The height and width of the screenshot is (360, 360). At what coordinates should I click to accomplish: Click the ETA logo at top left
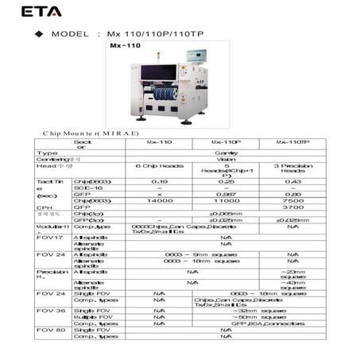point(41,12)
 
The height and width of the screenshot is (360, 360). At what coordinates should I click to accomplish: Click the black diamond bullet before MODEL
point(37,36)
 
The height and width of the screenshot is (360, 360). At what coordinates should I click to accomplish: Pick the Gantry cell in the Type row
point(226,153)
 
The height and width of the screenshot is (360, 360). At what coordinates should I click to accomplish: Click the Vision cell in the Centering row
point(226,159)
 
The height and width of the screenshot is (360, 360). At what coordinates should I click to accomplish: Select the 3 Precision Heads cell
point(293,168)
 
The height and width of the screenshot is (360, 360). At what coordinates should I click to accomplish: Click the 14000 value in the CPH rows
point(159,200)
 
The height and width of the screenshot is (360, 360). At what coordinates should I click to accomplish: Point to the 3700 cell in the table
point(293,207)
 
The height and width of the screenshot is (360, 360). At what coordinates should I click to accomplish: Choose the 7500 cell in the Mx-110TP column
point(293,200)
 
